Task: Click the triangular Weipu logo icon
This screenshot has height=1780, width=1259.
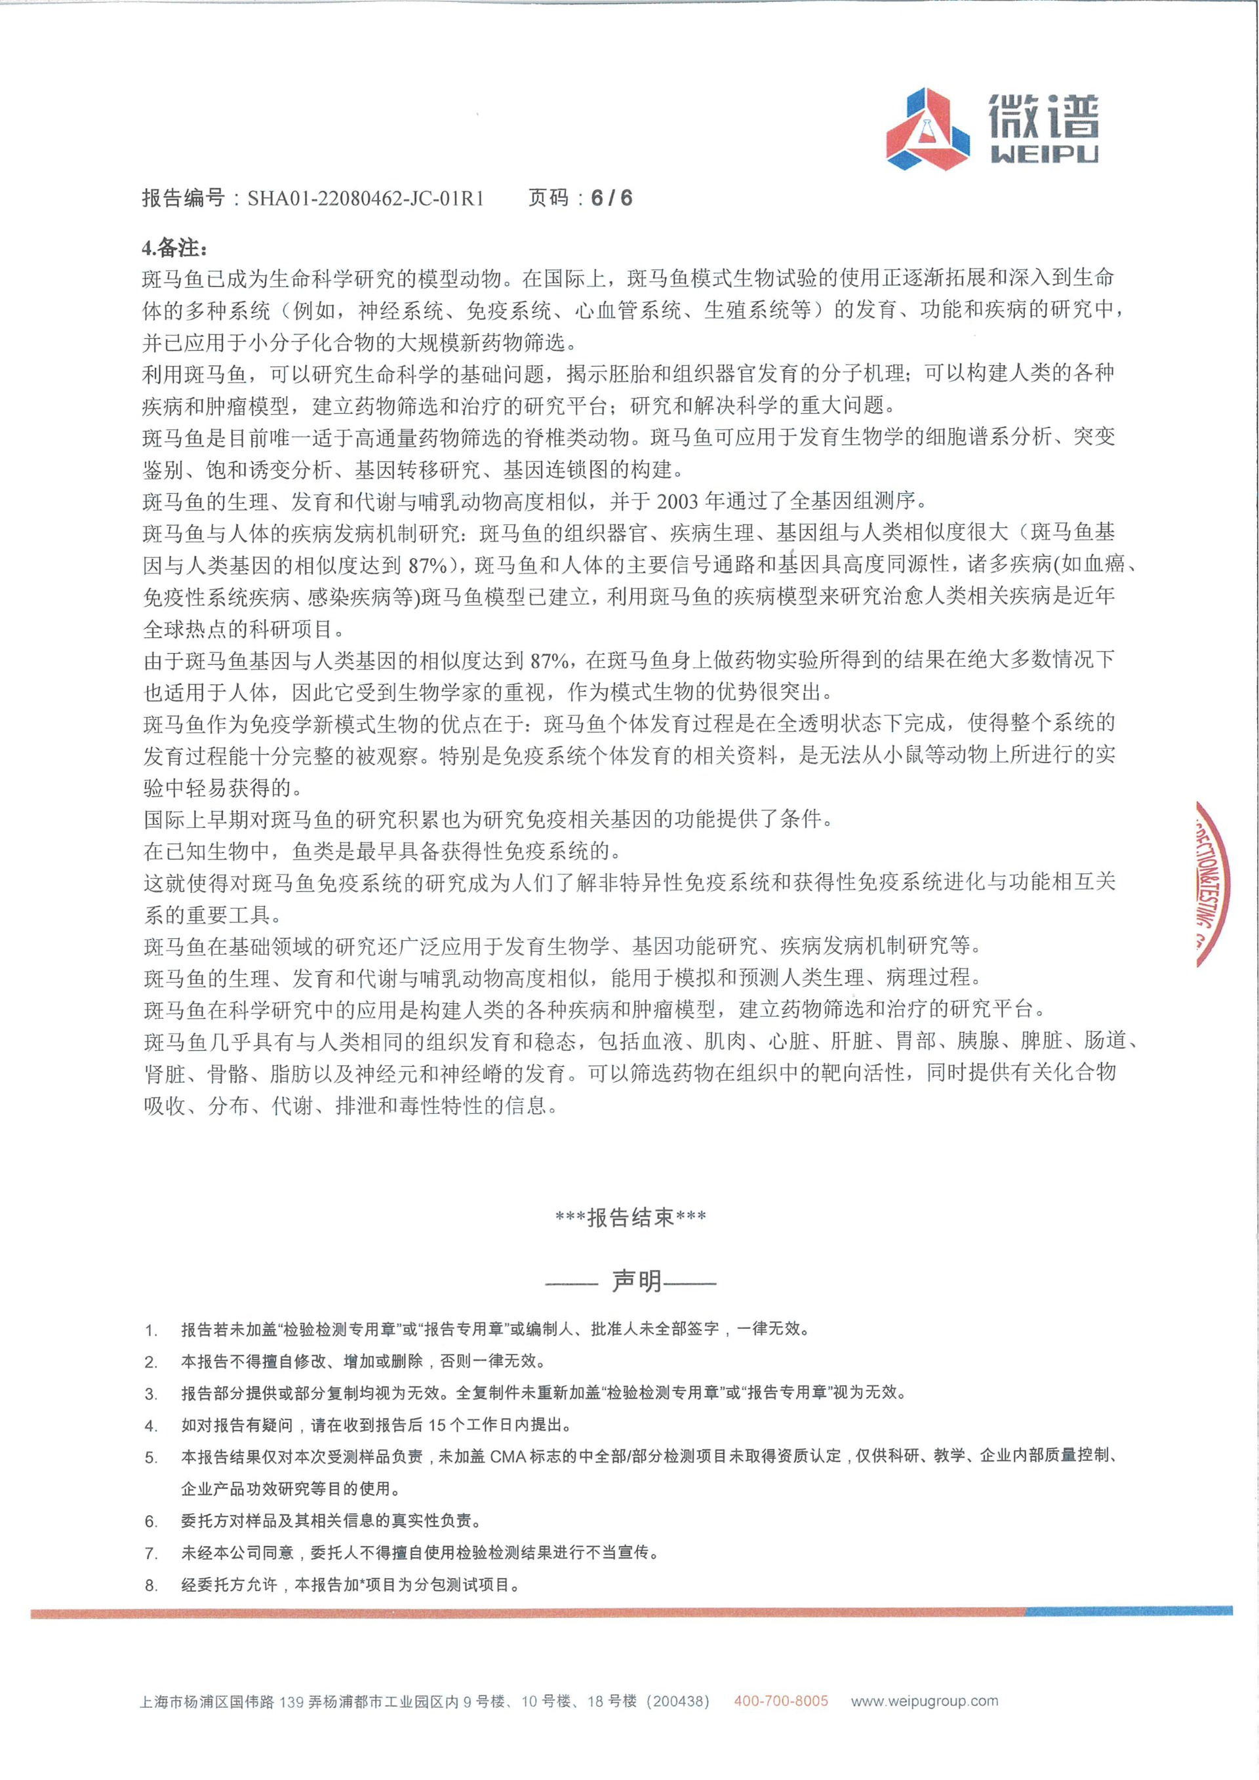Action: point(928,129)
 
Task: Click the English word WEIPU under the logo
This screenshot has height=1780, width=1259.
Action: point(1045,154)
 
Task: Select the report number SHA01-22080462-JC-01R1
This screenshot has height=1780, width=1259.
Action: point(366,199)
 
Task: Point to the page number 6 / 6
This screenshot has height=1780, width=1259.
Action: point(611,199)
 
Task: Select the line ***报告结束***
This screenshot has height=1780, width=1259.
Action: point(630,1218)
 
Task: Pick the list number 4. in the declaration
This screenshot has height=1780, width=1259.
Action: point(151,1427)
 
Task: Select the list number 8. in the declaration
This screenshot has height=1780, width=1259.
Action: point(151,1585)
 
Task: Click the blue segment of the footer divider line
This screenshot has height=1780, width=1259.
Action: point(1129,1611)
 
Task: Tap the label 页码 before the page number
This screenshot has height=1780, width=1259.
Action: point(549,199)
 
